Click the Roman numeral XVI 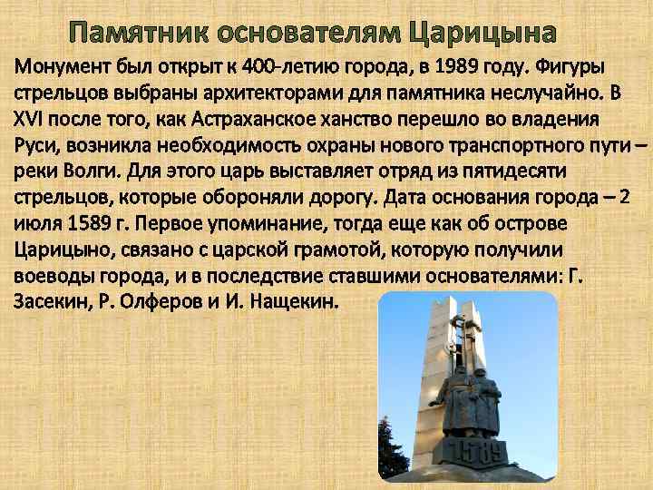point(30,119)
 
